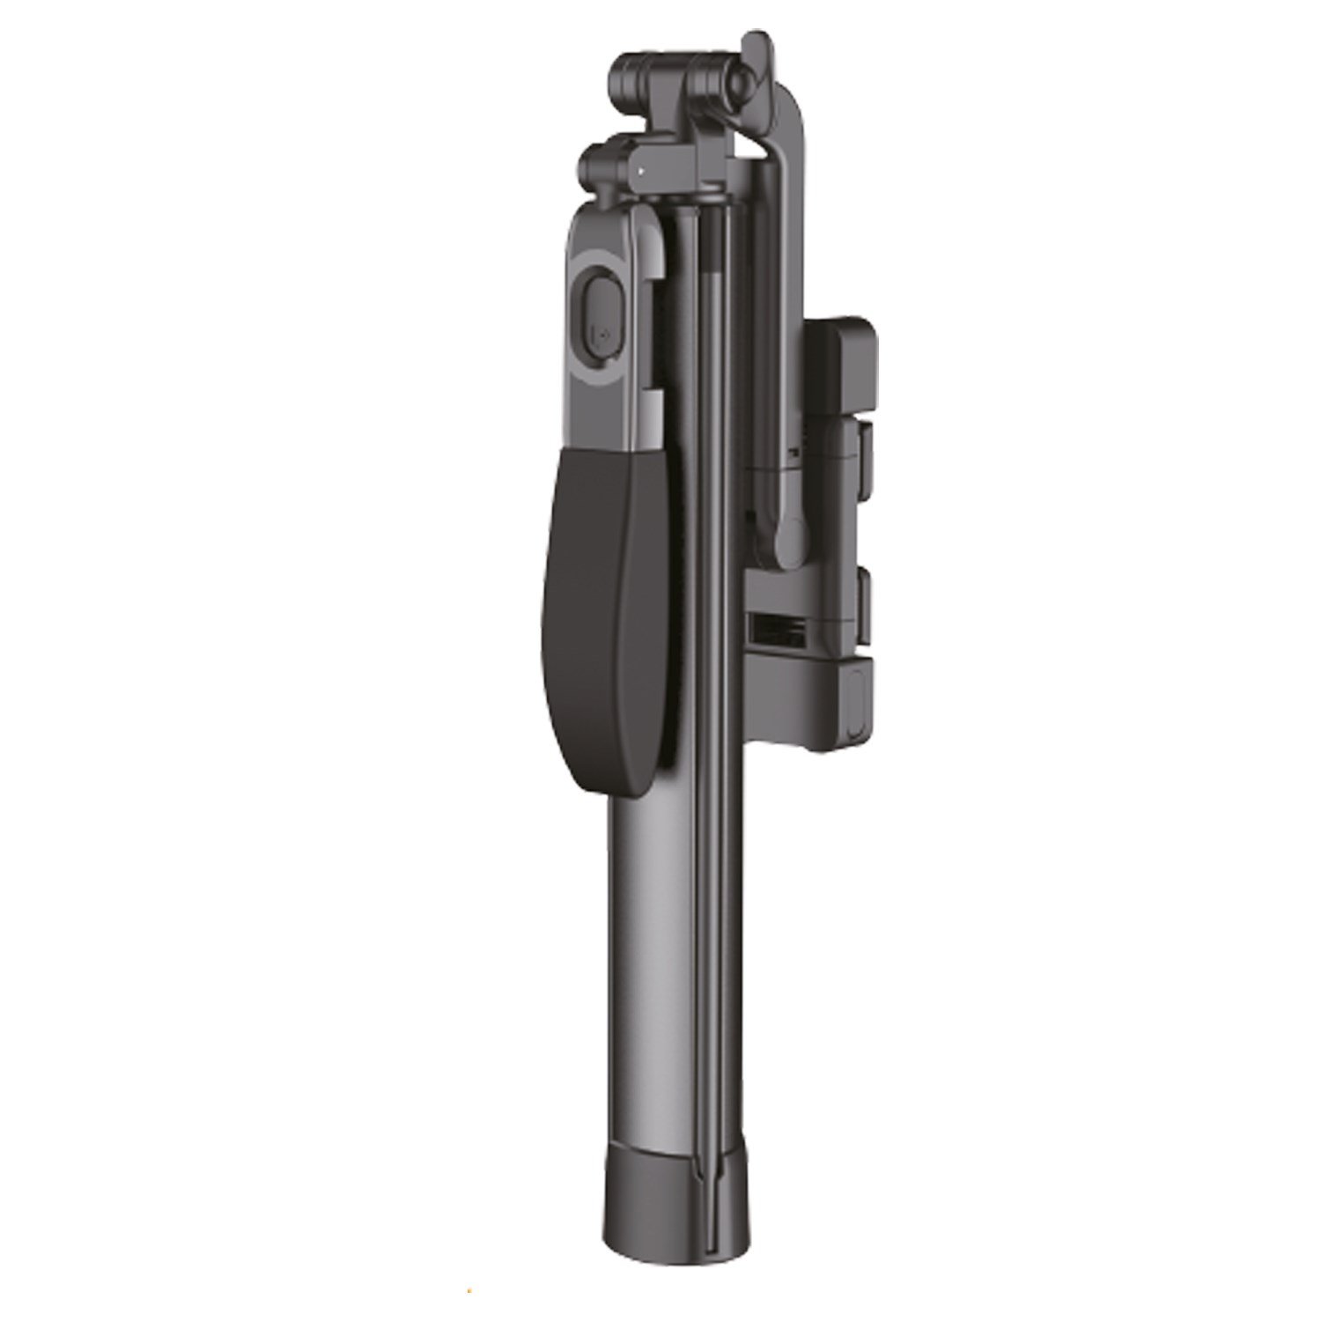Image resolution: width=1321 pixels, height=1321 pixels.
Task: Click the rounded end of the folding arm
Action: click(x=790, y=540)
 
